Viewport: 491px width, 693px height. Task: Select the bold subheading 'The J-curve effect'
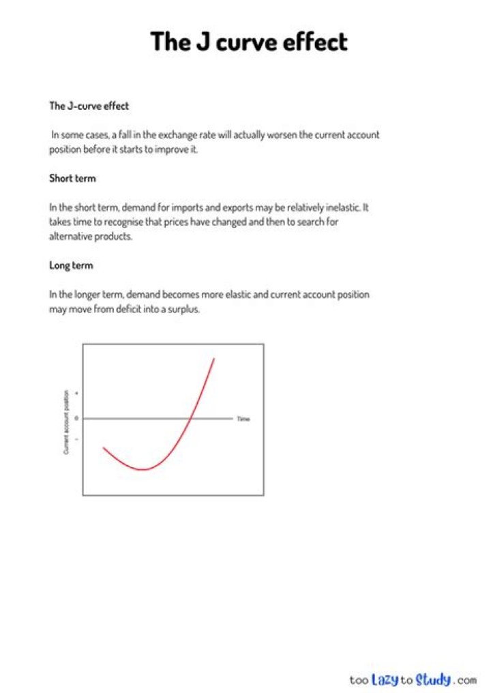tap(89, 106)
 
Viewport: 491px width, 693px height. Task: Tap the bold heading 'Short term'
tap(72, 178)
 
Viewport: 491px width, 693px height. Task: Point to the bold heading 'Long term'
tap(71, 265)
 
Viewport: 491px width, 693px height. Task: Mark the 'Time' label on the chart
tap(243, 419)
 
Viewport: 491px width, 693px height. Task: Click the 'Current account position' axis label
tap(66, 422)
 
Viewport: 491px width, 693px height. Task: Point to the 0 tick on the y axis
tap(76, 418)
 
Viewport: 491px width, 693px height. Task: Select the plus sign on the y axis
tap(76, 394)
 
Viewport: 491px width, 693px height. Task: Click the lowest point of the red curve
tap(143, 469)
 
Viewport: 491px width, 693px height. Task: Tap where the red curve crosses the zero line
tap(191, 418)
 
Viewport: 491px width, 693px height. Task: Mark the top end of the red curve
tap(214, 358)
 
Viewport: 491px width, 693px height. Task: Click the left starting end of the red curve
tap(104, 448)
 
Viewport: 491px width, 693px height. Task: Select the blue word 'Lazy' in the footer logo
tap(385, 679)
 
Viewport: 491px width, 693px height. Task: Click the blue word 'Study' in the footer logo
tap(433, 679)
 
